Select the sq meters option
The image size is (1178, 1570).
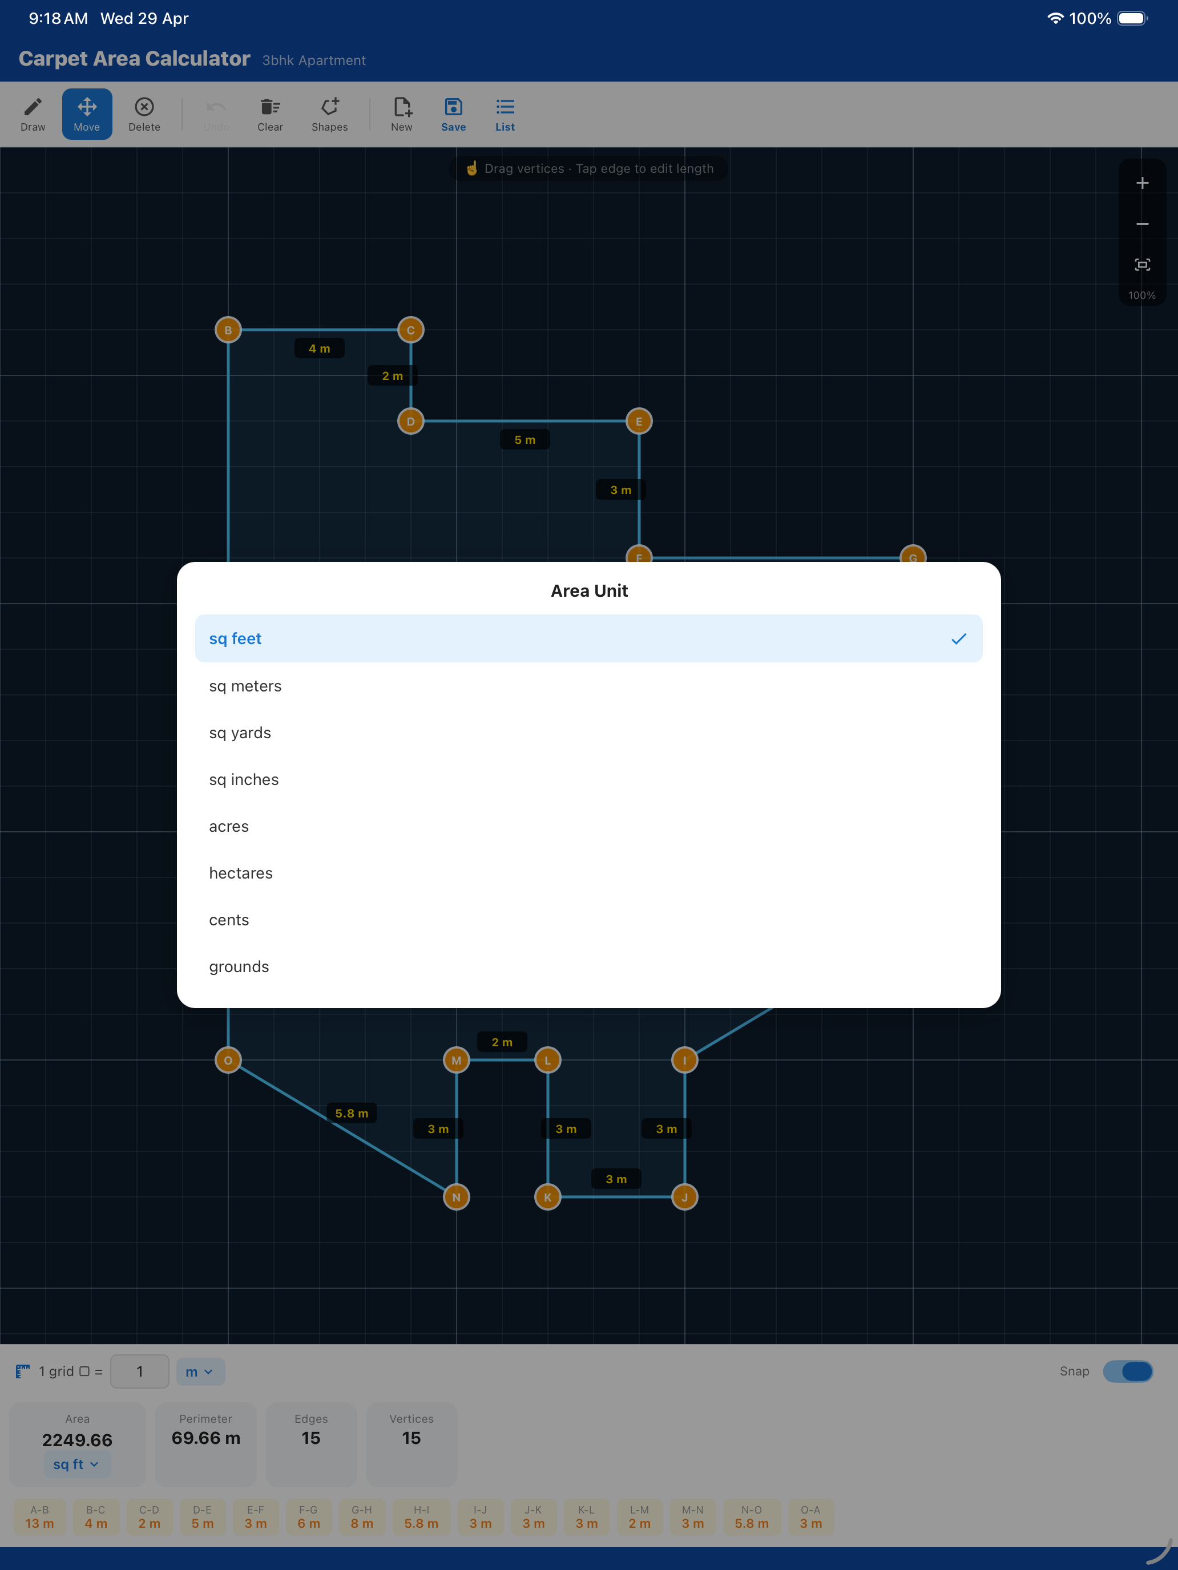point(245,686)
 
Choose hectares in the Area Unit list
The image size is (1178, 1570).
point(241,873)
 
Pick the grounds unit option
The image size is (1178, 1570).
point(239,966)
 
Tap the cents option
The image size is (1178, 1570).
point(229,920)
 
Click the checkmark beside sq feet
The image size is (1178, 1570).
point(959,639)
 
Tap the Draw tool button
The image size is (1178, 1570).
point(33,114)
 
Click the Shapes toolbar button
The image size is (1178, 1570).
point(329,114)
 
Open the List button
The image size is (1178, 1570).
point(505,114)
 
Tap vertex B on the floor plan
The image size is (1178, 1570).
point(228,330)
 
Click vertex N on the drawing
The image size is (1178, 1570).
point(457,1197)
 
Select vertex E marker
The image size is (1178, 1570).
point(639,422)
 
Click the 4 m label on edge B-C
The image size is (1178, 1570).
point(320,349)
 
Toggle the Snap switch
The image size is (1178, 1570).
point(1128,1371)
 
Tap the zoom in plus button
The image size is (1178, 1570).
point(1142,183)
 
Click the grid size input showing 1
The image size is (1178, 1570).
point(140,1371)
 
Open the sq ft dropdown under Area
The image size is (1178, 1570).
point(76,1464)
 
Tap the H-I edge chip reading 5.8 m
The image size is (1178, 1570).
point(421,1518)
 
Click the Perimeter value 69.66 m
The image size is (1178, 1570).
point(206,1438)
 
